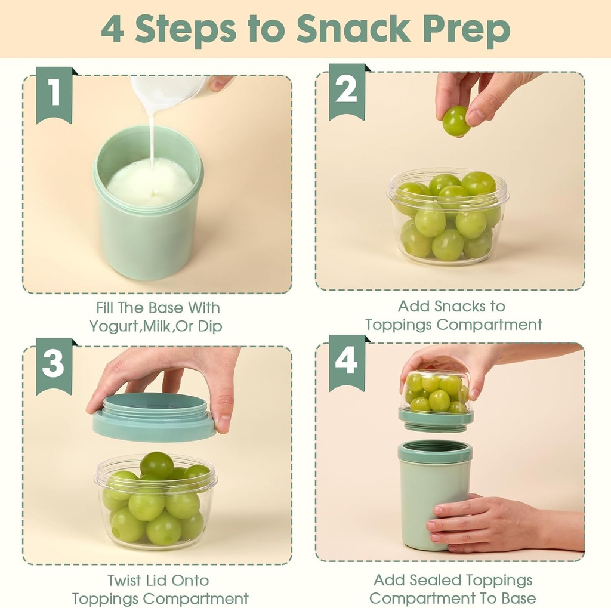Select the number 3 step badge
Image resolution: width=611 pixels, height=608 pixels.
(54, 363)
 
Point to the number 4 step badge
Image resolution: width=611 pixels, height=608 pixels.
(346, 360)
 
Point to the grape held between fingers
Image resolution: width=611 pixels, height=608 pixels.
(456, 121)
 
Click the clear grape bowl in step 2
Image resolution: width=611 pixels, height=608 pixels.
(448, 218)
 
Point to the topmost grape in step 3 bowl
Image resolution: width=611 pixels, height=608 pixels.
(156, 464)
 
